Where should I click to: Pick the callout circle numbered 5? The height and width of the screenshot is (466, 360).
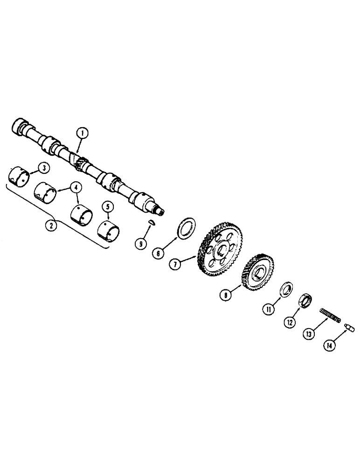pos(108,205)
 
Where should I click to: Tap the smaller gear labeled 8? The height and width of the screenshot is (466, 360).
pos(258,272)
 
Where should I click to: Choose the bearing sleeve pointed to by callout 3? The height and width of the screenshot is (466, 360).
pos(20,176)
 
